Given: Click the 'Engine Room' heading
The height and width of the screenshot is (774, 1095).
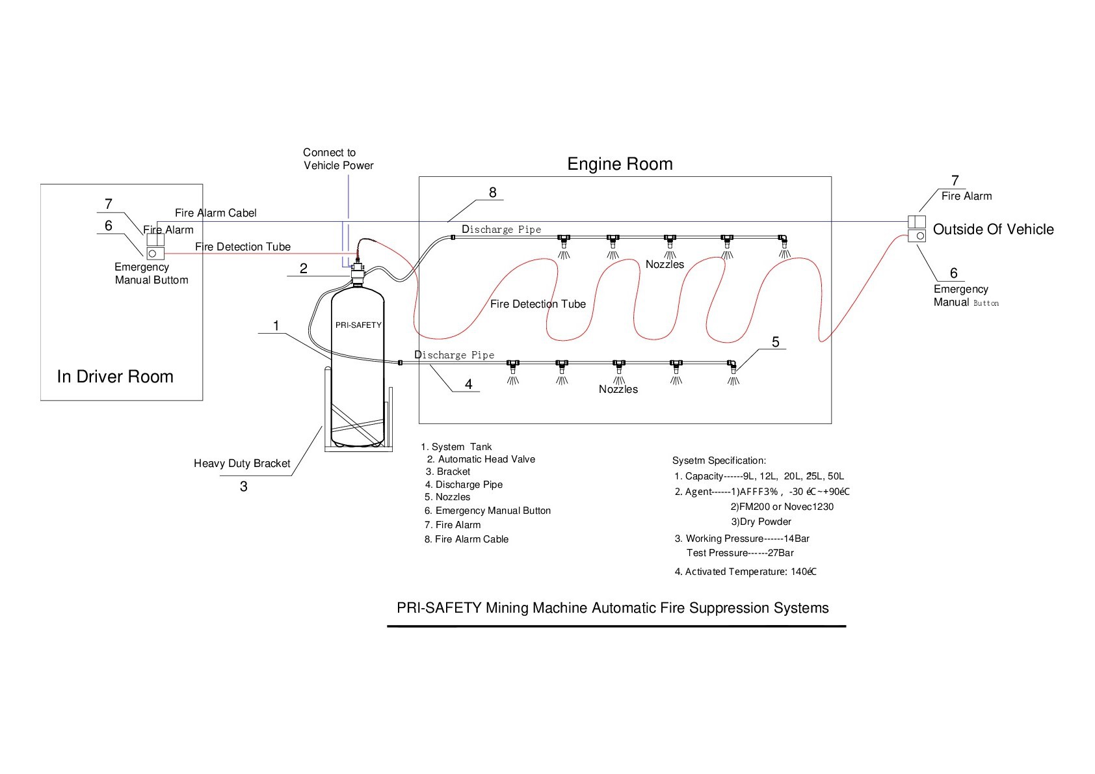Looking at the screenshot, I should pos(620,164).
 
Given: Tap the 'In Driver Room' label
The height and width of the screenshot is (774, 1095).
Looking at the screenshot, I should pos(115,377).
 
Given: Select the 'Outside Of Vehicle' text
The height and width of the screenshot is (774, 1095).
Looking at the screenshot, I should pos(993,229).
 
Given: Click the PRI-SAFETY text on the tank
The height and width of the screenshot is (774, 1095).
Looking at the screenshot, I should pos(358,325).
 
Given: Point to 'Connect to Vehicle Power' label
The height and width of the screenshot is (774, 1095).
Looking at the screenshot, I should pos(338,159).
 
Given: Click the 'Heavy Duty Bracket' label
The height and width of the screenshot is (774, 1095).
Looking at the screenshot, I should pos(242,464).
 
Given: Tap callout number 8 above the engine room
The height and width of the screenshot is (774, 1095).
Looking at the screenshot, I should pos(493,192).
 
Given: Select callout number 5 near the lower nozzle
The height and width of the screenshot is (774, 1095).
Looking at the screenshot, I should pos(775,341).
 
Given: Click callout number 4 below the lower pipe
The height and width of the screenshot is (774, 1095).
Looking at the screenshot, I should pos(468,384).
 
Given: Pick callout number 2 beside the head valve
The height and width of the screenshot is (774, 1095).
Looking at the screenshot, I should pos(304,269).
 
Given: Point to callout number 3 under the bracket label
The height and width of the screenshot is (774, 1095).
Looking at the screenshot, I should pos(244,487).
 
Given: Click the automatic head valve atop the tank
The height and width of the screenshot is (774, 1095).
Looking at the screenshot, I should pos(357,272).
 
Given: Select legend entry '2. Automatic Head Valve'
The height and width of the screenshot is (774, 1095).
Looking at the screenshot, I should pos(481,459).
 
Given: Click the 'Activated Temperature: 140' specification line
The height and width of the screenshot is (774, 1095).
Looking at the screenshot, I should pos(745,572).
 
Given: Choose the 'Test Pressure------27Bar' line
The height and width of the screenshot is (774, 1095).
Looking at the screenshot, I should pos(740,553).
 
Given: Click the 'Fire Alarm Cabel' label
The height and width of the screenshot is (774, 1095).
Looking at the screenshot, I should pos(215,213).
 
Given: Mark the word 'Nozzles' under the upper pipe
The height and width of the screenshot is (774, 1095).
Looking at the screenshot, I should pos(665,264).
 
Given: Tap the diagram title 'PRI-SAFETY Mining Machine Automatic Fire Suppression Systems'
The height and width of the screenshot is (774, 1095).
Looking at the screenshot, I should pos(613,608).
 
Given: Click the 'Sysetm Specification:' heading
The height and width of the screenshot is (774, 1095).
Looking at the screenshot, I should pos(719,460).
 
